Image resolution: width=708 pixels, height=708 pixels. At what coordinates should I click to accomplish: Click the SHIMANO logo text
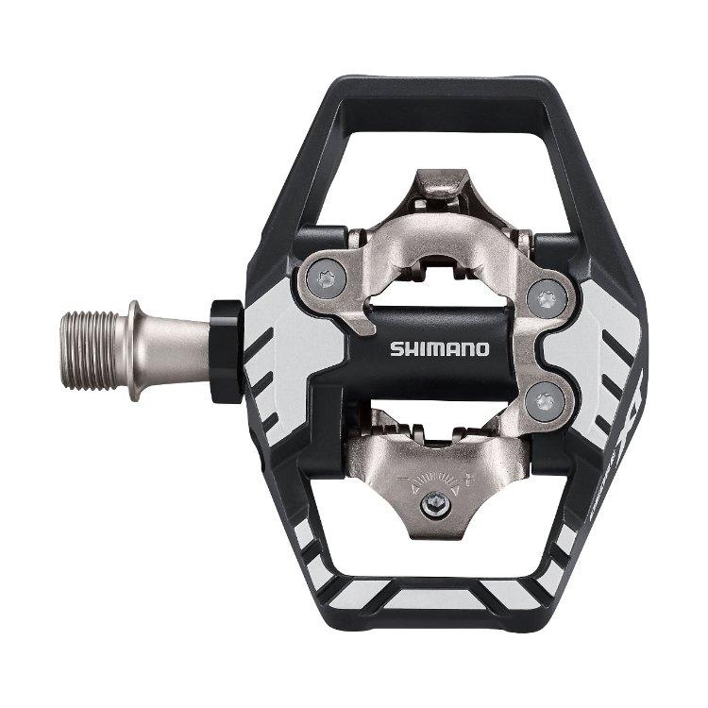click(440, 348)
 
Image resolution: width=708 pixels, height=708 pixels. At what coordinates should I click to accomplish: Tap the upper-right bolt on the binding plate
click(544, 300)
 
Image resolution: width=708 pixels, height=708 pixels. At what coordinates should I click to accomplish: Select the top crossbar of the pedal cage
click(444, 90)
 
